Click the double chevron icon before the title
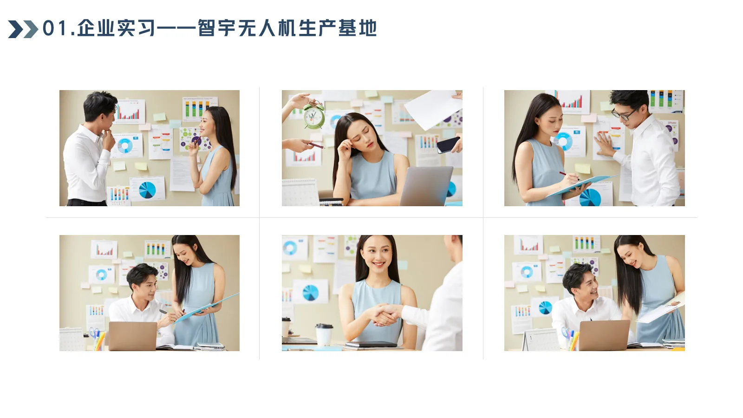point(23,29)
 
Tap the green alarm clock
point(314,116)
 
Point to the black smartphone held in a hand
point(448,144)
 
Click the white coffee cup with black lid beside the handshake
point(324,335)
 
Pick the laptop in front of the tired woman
point(426,186)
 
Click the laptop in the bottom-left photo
point(133,336)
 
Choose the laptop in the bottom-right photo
point(604,335)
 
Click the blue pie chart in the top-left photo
point(147,189)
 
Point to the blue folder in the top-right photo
point(580,184)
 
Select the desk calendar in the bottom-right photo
point(541,340)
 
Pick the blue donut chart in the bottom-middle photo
point(290,248)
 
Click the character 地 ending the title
point(367,28)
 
